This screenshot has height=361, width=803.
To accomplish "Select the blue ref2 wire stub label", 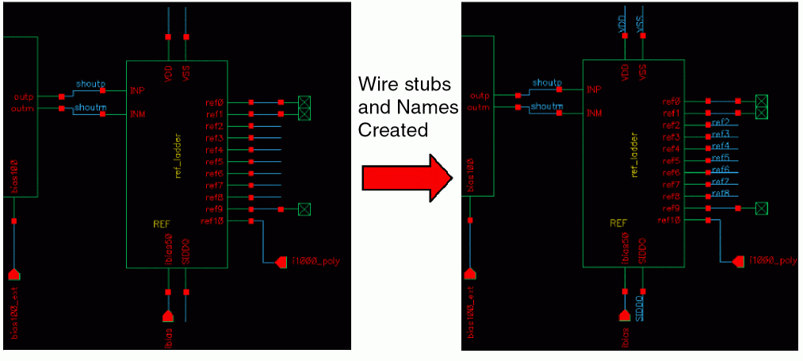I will (x=721, y=122).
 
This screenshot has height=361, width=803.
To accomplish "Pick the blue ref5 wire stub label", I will (x=721, y=158).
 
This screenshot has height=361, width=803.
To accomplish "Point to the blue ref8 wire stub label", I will (x=721, y=194).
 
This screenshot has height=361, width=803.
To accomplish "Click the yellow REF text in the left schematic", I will (x=161, y=224).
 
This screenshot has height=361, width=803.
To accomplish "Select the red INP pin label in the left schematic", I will (x=137, y=90).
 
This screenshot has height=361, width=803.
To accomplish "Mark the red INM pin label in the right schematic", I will (x=594, y=113).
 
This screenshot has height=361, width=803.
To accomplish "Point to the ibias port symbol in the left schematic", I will (x=167, y=316).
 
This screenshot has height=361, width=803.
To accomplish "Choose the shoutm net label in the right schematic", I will (x=547, y=106).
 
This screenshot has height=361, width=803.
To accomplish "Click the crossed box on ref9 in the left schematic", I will (x=304, y=209).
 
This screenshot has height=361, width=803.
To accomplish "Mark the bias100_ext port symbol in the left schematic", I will (x=13, y=274).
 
